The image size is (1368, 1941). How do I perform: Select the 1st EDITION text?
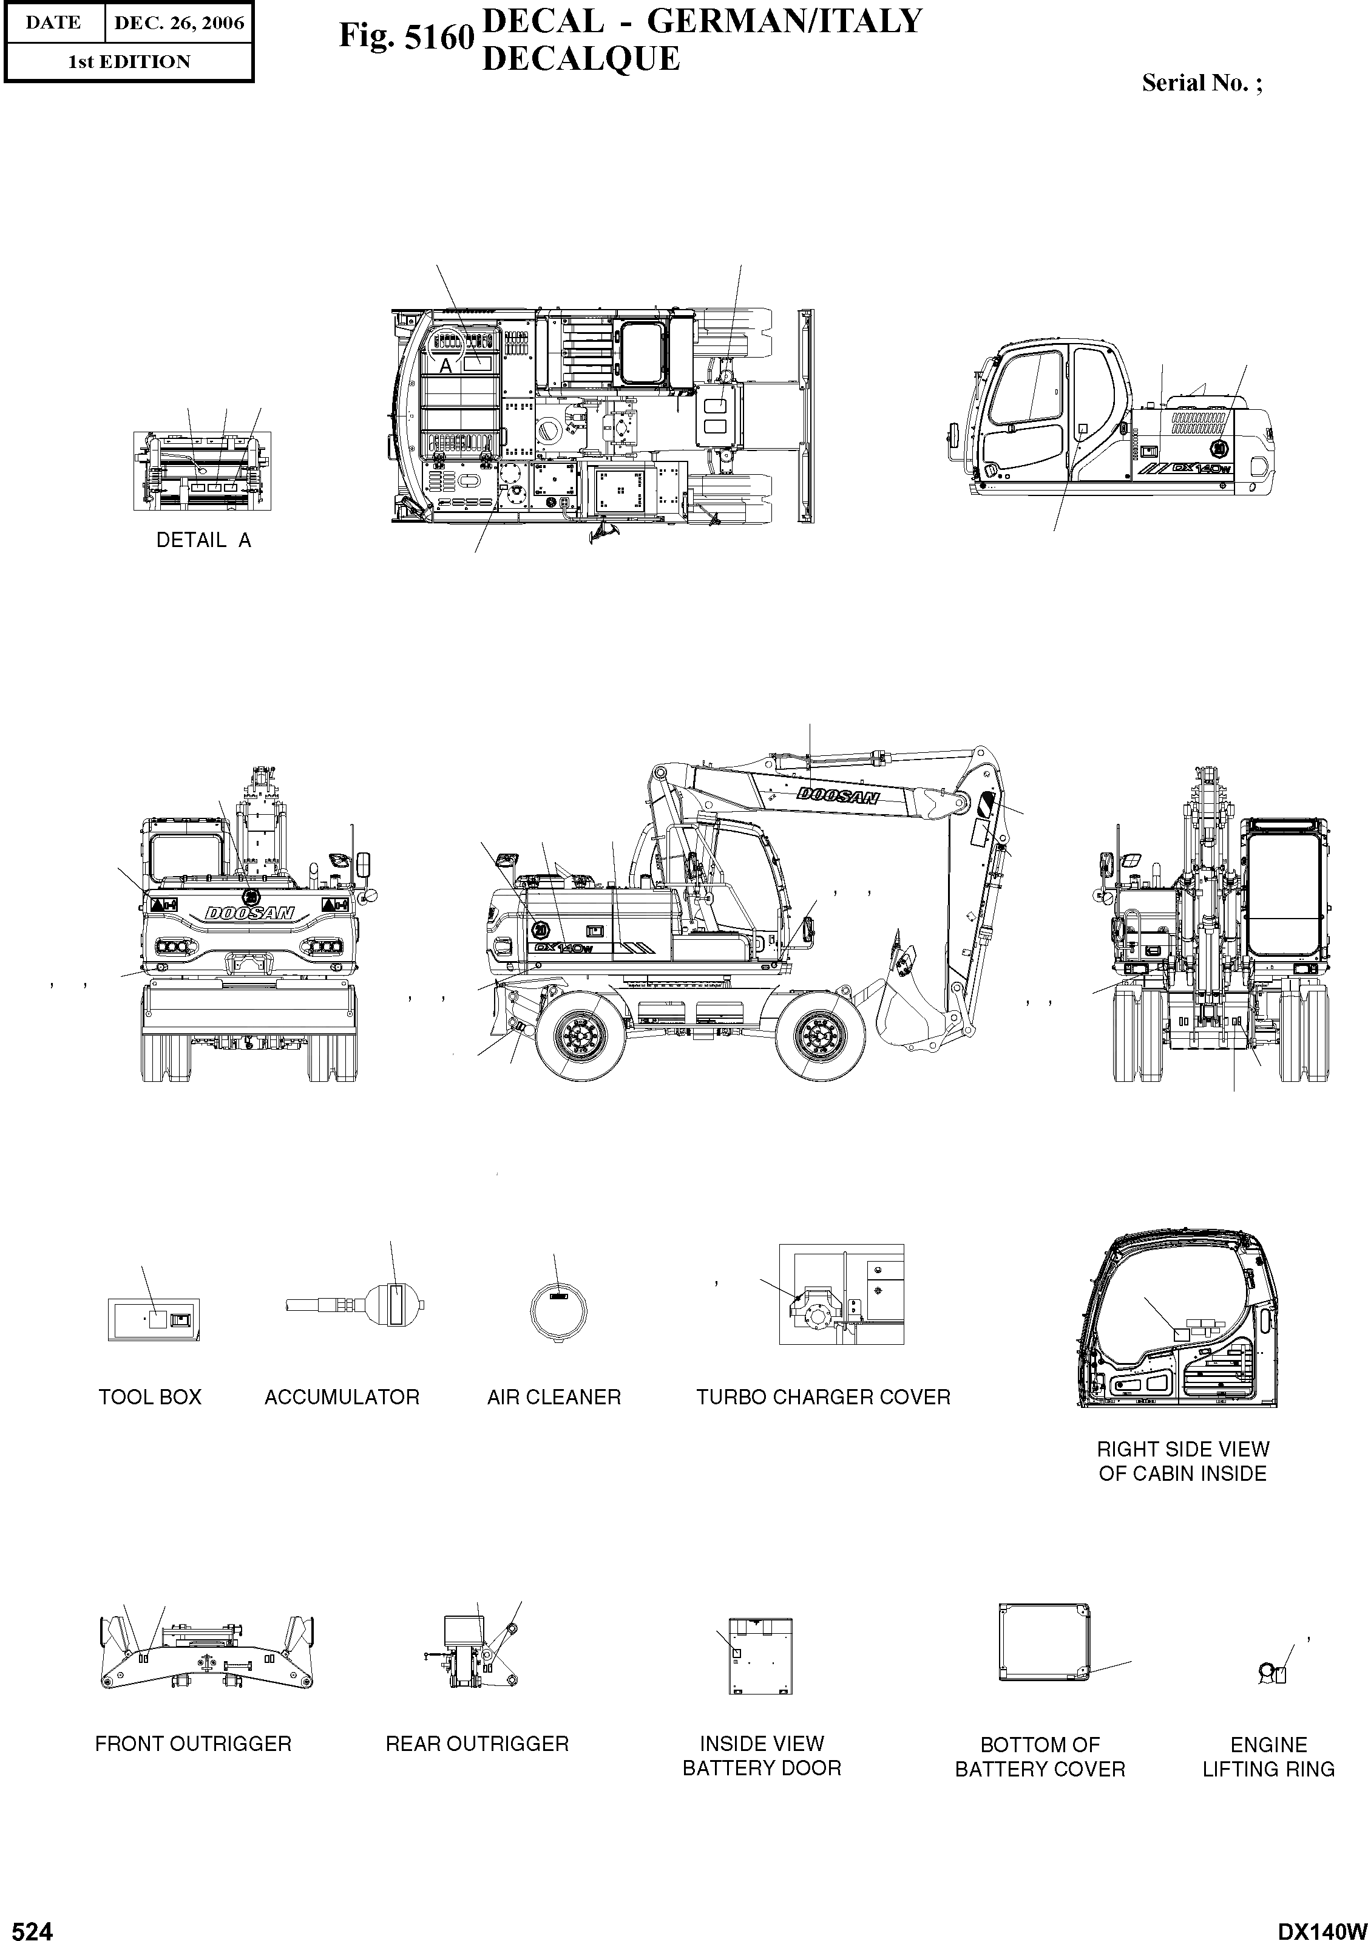click(129, 62)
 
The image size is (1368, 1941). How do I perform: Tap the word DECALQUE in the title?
click(580, 59)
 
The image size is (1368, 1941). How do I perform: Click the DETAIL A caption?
click(204, 540)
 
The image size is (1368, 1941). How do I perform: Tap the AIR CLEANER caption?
click(554, 1398)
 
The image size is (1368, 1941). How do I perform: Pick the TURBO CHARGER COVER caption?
click(823, 1398)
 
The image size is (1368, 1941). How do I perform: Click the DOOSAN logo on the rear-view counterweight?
click(249, 913)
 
